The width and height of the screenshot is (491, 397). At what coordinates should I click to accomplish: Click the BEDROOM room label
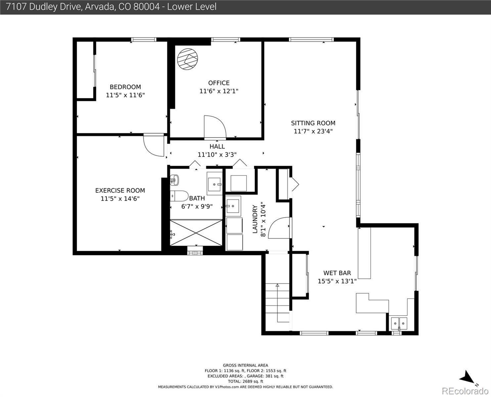click(x=125, y=87)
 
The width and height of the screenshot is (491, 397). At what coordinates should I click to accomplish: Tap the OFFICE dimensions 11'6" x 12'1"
click(x=219, y=91)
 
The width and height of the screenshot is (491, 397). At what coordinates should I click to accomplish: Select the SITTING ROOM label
click(x=313, y=123)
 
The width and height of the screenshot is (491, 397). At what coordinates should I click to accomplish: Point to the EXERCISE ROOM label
click(x=120, y=191)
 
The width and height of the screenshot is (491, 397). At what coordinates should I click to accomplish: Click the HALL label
click(x=217, y=147)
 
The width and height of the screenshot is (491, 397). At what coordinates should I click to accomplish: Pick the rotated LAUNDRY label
click(x=255, y=219)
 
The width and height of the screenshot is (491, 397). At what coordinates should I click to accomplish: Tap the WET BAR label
click(x=337, y=273)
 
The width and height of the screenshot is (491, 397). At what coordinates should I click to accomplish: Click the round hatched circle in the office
click(x=187, y=59)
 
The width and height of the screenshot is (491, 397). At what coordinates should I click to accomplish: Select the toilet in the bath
click(x=179, y=196)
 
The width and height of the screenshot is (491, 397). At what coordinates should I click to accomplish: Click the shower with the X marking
click(x=196, y=233)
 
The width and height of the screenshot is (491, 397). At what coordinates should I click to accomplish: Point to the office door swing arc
click(x=214, y=127)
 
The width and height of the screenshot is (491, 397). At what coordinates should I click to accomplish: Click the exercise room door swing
click(x=154, y=146)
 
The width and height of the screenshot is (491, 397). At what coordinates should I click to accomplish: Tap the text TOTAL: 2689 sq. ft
click(x=245, y=381)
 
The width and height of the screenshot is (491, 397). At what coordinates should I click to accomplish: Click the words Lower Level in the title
click(x=192, y=7)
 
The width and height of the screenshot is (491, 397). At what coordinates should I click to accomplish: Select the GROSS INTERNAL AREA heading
click(x=245, y=365)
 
